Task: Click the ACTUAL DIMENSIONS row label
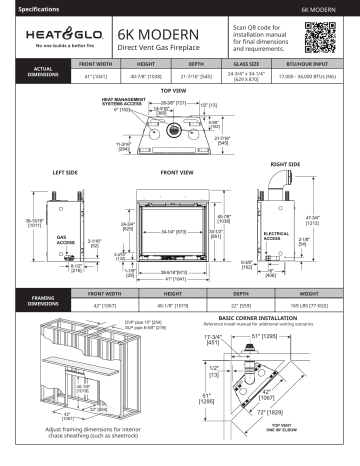pyautogui.click(x=33, y=69)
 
